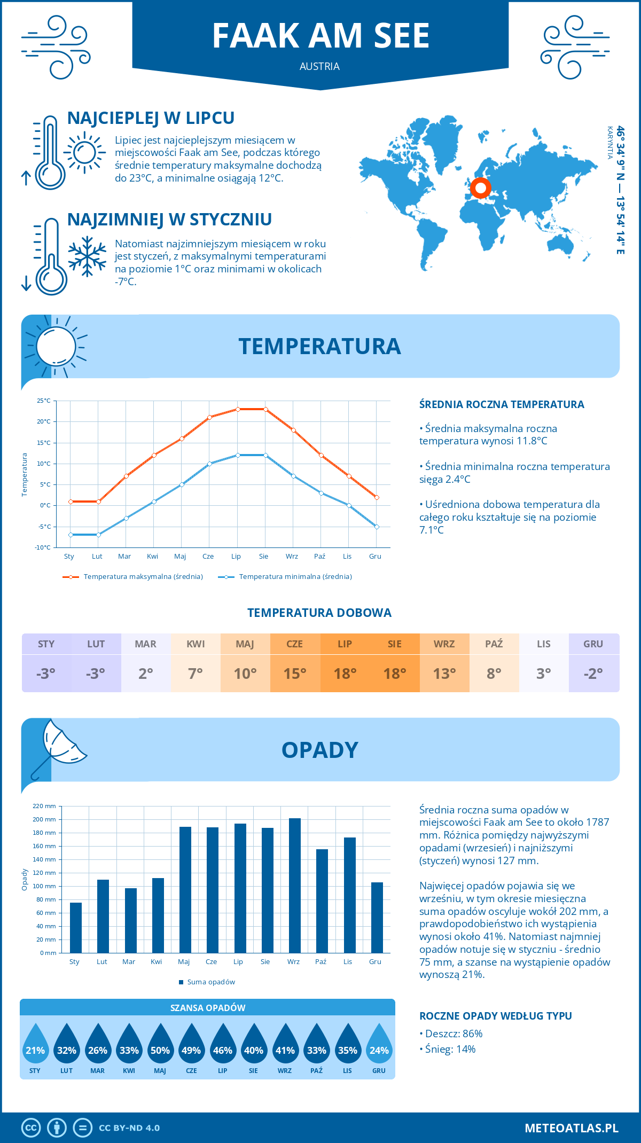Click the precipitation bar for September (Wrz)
pyautogui.click(x=295, y=886)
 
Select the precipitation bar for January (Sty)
pyautogui.click(x=76, y=928)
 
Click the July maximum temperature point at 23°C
pyautogui.click(x=238, y=409)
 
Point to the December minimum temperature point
pyautogui.click(x=377, y=527)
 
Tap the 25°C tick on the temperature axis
pyautogui.click(x=44, y=401)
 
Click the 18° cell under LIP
pyautogui.click(x=345, y=674)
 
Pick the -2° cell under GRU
pyautogui.click(x=593, y=674)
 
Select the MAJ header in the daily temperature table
pyautogui.click(x=245, y=644)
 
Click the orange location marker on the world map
pyautogui.click(x=480, y=188)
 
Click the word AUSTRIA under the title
pyautogui.click(x=319, y=66)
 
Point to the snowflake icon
pyautogui.click(x=87, y=256)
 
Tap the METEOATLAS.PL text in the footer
pyautogui.click(x=572, y=1128)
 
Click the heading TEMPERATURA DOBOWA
pyautogui.click(x=319, y=613)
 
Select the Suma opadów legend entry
pyautogui.click(x=210, y=982)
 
